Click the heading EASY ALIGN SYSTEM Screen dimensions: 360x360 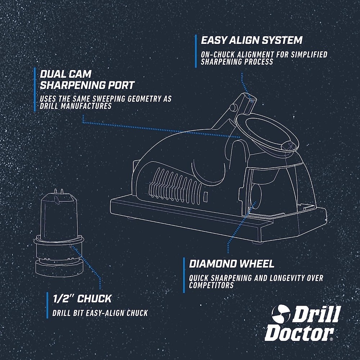click(x=251, y=40)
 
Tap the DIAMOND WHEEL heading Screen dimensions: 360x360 click(x=231, y=264)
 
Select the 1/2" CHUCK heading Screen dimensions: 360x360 click(x=82, y=298)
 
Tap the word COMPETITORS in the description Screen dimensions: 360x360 click(x=211, y=285)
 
